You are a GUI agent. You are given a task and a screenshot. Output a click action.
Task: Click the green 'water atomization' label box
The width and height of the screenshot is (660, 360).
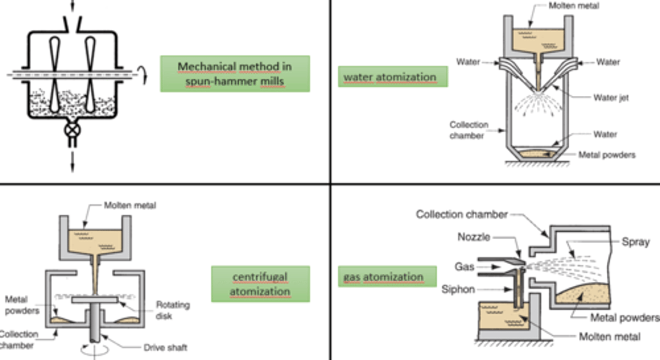tap(393, 76)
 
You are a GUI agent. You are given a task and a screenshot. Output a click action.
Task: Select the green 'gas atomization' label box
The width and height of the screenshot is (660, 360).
tap(387, 277)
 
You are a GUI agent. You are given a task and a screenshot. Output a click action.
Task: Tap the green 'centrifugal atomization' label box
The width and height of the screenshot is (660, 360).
tap(260, 284)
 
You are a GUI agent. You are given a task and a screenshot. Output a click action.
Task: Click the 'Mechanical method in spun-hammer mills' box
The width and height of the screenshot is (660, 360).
tap(235, 74)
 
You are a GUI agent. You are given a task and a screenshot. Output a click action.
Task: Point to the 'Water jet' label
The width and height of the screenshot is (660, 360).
tap(611, 98)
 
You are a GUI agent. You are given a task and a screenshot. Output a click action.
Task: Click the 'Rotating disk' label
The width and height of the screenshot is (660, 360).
tap(172, 310)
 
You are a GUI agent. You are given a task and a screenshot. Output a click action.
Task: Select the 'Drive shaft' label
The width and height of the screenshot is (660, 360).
tap(165, 348)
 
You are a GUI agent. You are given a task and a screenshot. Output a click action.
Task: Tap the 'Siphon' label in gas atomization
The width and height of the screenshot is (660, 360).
tap(458, 289)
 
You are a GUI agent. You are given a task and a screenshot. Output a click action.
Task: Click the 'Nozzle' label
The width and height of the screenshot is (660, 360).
tap(474, 237)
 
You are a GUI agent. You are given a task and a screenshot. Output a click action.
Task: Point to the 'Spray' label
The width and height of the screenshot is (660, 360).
tap(635, 242)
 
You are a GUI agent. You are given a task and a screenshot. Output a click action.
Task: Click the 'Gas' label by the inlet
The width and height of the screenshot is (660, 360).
tap(464, 267)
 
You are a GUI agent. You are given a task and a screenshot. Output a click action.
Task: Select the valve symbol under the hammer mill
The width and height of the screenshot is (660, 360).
tap(72, 130)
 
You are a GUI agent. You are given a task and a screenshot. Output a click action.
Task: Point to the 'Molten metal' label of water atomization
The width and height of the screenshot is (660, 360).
tap(573, 6)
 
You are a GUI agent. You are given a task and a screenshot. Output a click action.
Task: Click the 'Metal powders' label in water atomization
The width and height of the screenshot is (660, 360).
tap(607, 155)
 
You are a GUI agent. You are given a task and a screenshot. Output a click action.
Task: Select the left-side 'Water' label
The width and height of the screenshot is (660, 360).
tap(468, 62)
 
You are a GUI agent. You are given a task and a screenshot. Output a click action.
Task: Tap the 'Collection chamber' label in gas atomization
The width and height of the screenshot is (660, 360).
tap(462, 214)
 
